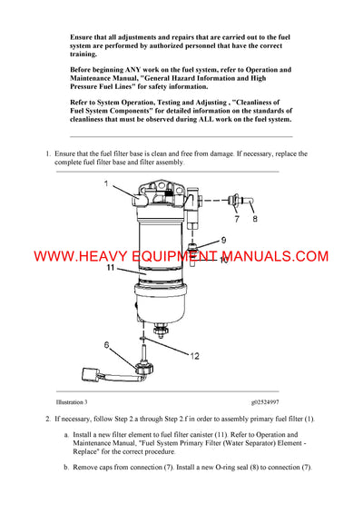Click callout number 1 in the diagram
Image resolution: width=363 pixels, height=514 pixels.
pos(105,183)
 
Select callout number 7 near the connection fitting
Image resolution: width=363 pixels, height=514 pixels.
pos(237,218)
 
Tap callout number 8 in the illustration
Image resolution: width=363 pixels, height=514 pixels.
pos(255,218)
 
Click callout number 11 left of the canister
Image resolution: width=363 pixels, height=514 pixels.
pos(109,268)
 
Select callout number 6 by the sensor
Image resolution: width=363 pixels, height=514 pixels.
pos(107,345)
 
